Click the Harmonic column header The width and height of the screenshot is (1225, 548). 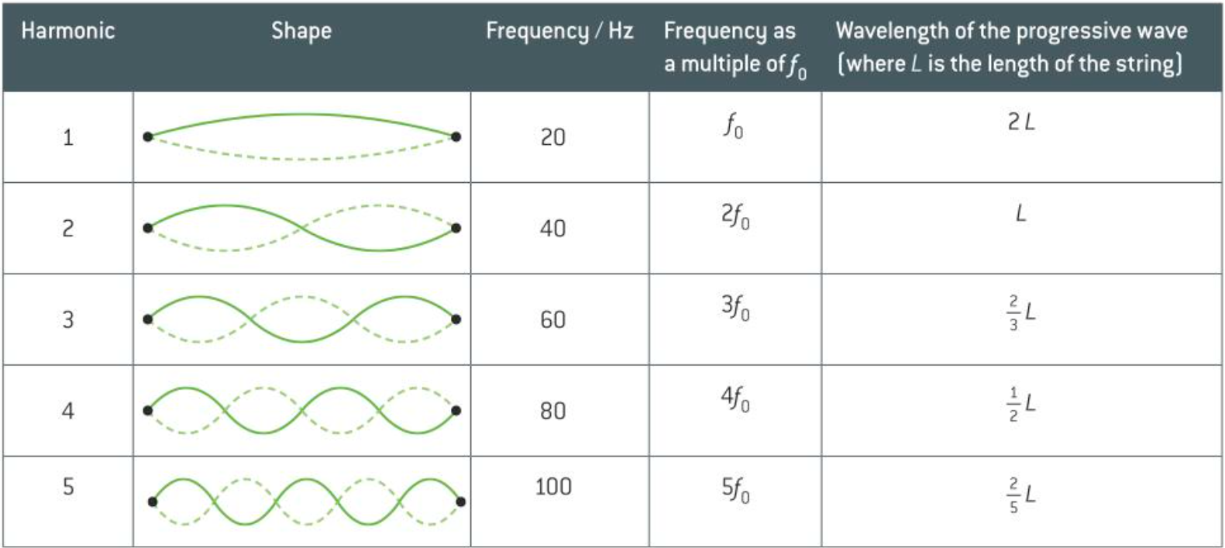tap(68, 31)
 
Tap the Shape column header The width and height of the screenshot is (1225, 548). tap(301, 31)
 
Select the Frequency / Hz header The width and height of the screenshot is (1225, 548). tap(559, 31)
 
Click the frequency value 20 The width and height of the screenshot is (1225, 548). tap(552, 137)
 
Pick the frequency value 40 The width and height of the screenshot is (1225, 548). tap(552, 229)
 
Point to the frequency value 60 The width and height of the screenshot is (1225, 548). tap(552, 319)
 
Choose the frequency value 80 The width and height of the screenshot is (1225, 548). tap(552, 411)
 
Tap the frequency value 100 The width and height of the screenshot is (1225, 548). tap(553, 487)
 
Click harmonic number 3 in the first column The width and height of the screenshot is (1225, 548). tap(68, 319)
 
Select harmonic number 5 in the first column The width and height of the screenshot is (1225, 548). tap(68, 487)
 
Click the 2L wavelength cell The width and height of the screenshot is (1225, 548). tap(1020, 122)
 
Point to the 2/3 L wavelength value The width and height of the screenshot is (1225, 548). tap(1022, 312)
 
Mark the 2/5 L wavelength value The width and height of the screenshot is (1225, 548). tap(1022, 495)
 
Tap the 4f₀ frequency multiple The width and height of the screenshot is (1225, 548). tap(735, 399)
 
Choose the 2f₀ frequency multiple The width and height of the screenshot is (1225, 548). tap(735, 216)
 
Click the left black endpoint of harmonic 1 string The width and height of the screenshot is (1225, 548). tap(148, 137)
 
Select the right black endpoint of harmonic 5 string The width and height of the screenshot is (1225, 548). tap(461, 501)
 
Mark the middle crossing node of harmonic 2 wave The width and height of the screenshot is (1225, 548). tap(302, 229)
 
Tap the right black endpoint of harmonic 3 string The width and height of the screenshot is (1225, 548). tap(456, 319)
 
